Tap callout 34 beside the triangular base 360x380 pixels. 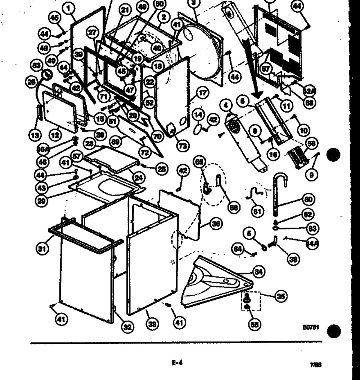coord(258,272)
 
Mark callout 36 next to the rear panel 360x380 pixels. coord(215,224)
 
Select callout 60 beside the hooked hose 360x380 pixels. coord(309,199)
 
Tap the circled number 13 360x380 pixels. coord(35,135)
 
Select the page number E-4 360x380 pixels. coord(177,363)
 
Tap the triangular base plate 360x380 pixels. coord(216,281)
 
